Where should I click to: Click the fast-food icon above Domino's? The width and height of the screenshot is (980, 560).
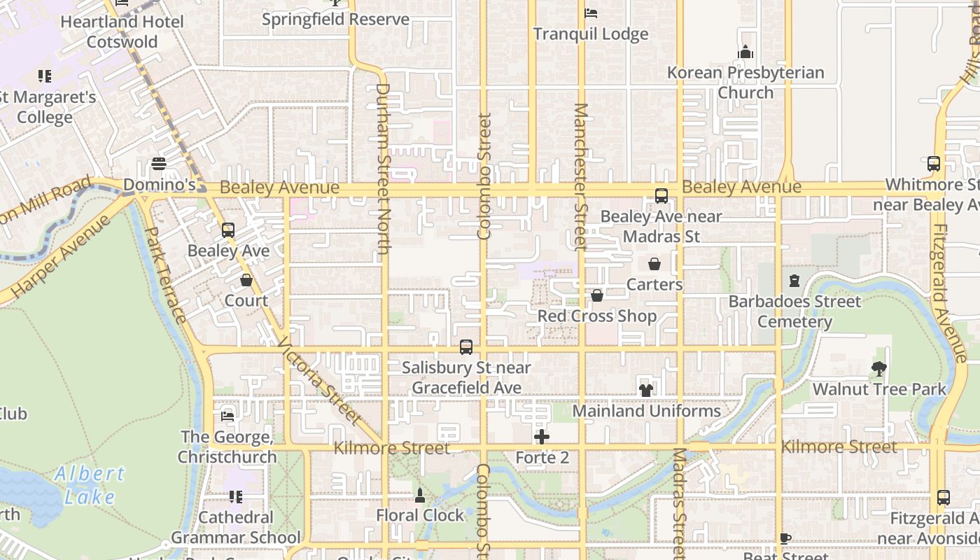(159, 164)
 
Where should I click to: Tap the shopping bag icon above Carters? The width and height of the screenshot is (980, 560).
(654, 264)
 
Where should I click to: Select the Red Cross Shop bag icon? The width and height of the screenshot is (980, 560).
(597, 296)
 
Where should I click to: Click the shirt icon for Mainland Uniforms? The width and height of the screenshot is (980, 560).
(645, 390)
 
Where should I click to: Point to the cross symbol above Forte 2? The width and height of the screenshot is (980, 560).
(542, 437)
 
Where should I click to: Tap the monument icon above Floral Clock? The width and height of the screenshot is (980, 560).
(420, 496)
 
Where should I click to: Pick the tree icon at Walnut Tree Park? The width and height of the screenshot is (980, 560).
(879, 368)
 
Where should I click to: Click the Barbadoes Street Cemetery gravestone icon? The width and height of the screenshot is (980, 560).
(794, 281)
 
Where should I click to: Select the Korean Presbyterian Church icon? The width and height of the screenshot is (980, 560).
(745, 52)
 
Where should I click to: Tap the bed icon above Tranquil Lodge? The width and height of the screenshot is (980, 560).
(591, 13)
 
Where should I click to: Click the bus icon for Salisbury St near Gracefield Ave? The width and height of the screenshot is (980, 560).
(466, 347)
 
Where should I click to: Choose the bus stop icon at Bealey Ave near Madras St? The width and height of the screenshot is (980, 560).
(661, 196)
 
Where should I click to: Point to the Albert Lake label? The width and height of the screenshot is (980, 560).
(90, 484)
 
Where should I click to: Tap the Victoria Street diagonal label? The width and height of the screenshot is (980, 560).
(320, 382)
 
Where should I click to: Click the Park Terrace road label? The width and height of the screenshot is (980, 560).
(167, 274)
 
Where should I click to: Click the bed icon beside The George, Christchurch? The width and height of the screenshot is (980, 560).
(227, 416)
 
